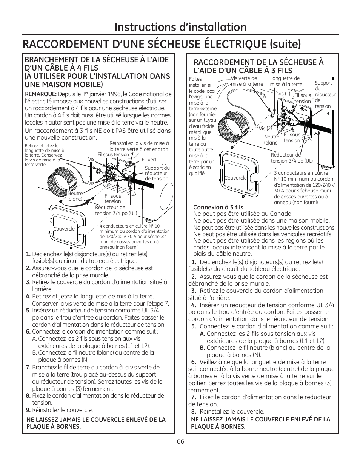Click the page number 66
click(x=180, y=442)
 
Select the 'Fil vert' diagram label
click(x=149, y=160)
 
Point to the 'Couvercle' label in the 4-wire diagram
click(x=64, y=229)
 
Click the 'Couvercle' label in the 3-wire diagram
click(x=235, y=178)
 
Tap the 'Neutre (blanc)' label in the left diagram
click(x=75, y=196)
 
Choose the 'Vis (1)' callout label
click(x=284, y=94)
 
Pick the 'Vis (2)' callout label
click(x=265, y=128)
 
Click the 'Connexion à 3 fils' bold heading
click(x=218, y=207)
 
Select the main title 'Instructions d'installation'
click(x=180, y=27)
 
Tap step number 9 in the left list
click(x=28, y=410)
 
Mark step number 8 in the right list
click(x=194, y=412)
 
